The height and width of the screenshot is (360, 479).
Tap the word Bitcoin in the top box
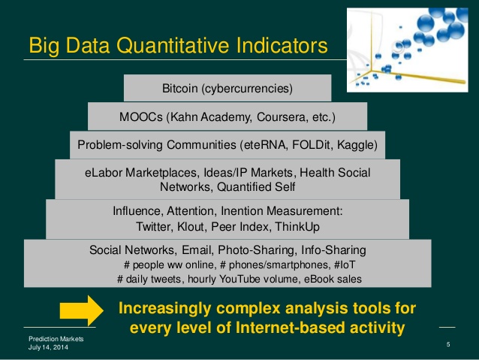[x=179, y=89]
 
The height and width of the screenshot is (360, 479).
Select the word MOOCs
[x=141, y=116]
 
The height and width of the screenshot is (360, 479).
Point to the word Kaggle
[x=357, y=145]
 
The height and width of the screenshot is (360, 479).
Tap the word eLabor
[x=104, y=173]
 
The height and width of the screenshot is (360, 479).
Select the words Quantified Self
[x=256, y=186]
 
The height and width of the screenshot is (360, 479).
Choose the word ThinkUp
[x=297, y=227]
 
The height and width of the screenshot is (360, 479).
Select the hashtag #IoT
[x=345, y=265]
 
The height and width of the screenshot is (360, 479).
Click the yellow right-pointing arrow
[x=82, y=310]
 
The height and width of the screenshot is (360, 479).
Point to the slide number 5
[x=448, y=344]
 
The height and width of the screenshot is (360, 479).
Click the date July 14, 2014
[x=48, y=347]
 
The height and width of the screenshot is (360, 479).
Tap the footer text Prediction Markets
[x=56, y=339]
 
